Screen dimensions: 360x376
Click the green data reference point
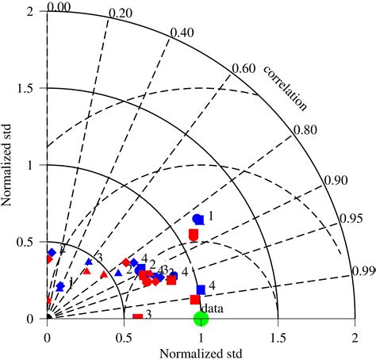click(x=201, y=318)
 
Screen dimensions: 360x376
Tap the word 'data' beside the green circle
click(x=210, y=308)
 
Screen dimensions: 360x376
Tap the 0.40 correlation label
click(x=182, y=33)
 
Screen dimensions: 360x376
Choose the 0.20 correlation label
click(x=120, y=13)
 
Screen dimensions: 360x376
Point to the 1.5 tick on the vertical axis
click(x=31, y=88)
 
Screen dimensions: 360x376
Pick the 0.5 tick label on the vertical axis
click(x=31, y=242)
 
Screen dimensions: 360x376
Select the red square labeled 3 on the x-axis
click(x=138, y=318)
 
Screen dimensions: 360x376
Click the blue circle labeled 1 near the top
click(x=198, y=219)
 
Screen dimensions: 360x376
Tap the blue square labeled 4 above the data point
click(x=201, y=290)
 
